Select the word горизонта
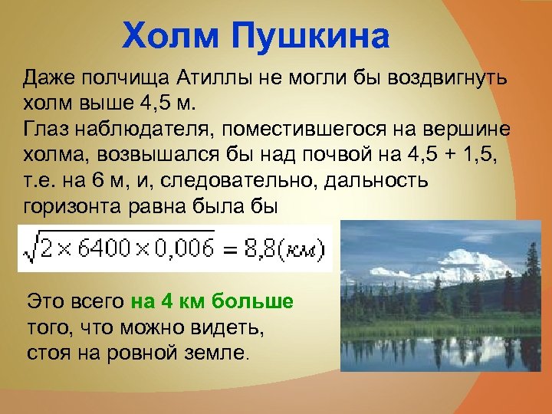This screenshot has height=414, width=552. coord(76,205)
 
